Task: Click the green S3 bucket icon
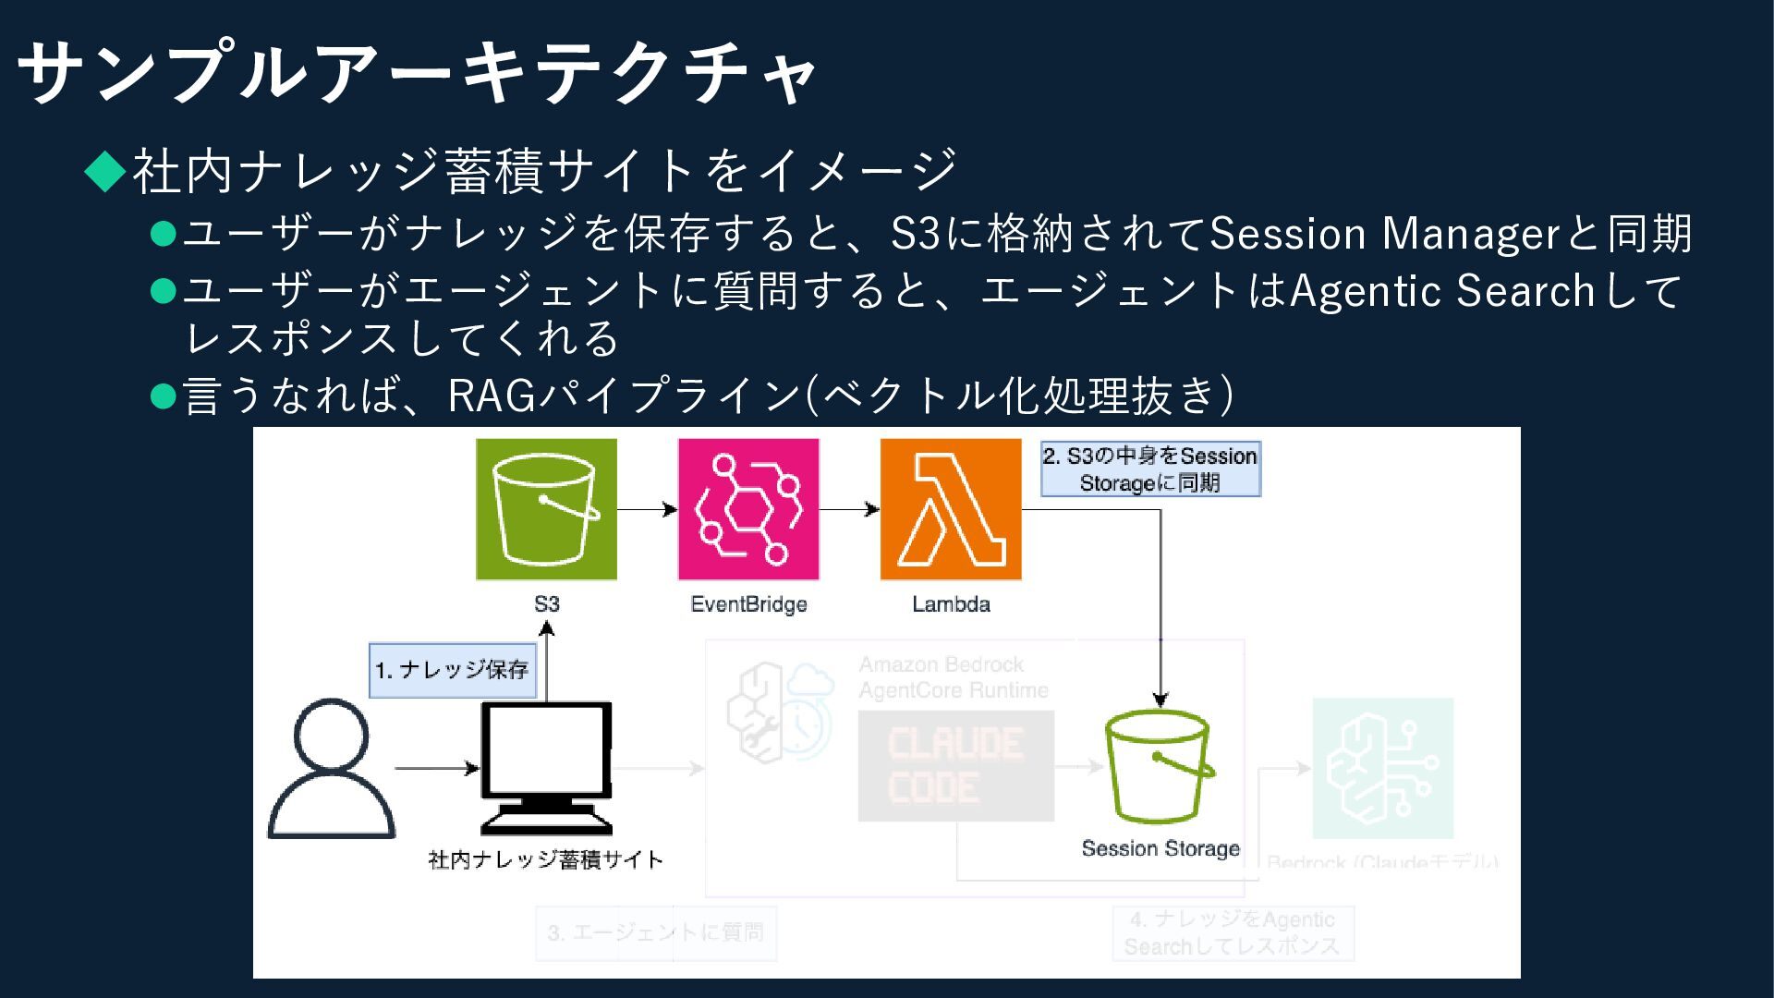[546, 509]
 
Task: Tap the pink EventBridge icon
[748, 509]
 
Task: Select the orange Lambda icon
[951, 509]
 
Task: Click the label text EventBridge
[748, 604]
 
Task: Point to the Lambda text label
[951, 604]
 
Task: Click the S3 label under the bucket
[546, 604]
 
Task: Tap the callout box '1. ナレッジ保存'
[453, 670]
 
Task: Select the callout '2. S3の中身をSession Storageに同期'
[1150, 469]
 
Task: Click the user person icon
[331, 769]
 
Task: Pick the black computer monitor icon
[546, 767]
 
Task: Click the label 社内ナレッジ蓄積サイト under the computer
[546, 859]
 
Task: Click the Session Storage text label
[1160, 848]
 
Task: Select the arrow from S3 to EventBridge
[647, 509]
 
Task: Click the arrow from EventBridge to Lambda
[849, 509]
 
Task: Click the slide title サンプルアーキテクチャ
[416, 72]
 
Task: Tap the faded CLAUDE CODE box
[955, 766]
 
